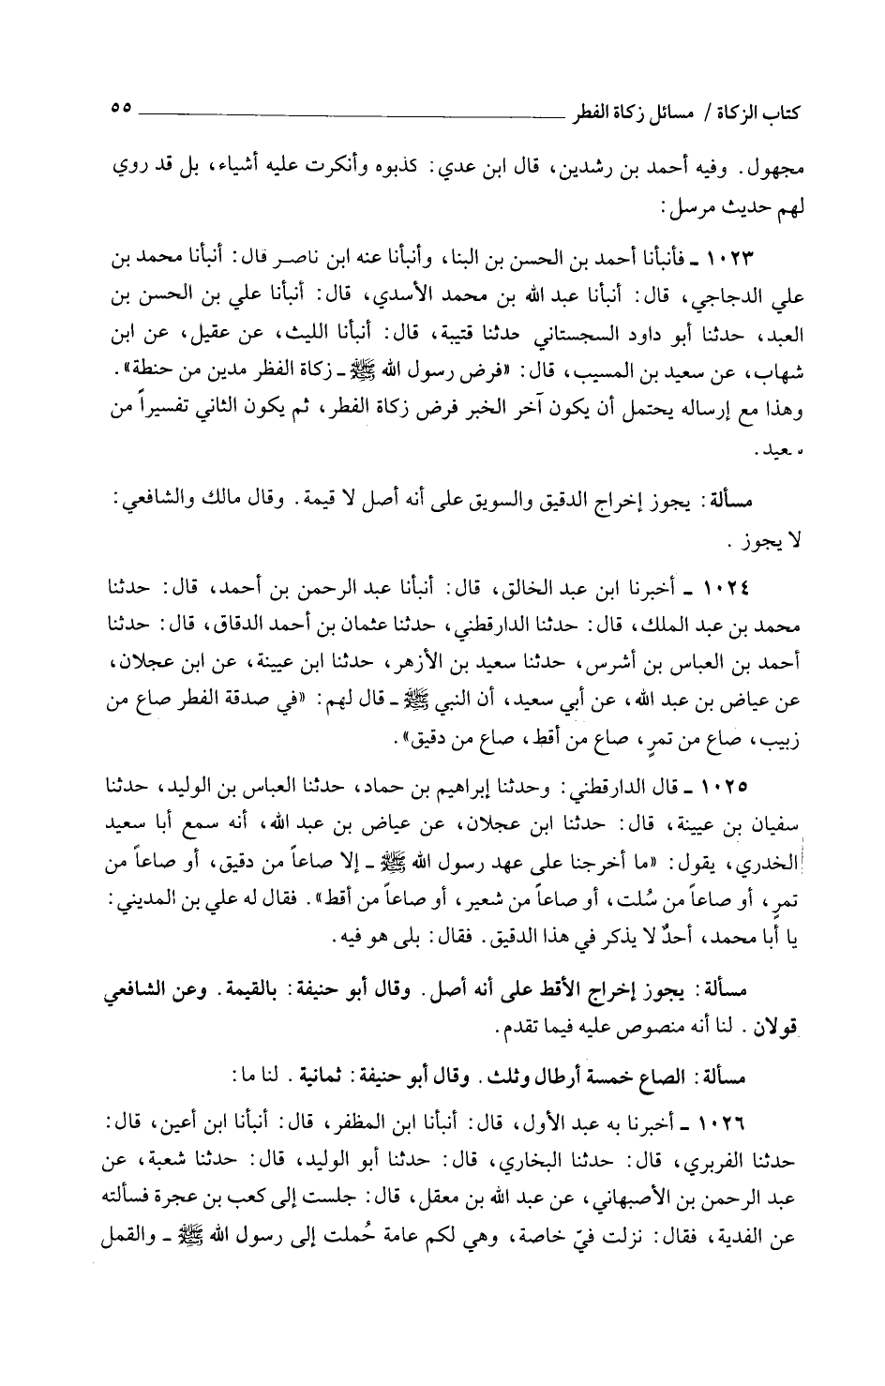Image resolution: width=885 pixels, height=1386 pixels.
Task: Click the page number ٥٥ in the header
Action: point(122,108)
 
